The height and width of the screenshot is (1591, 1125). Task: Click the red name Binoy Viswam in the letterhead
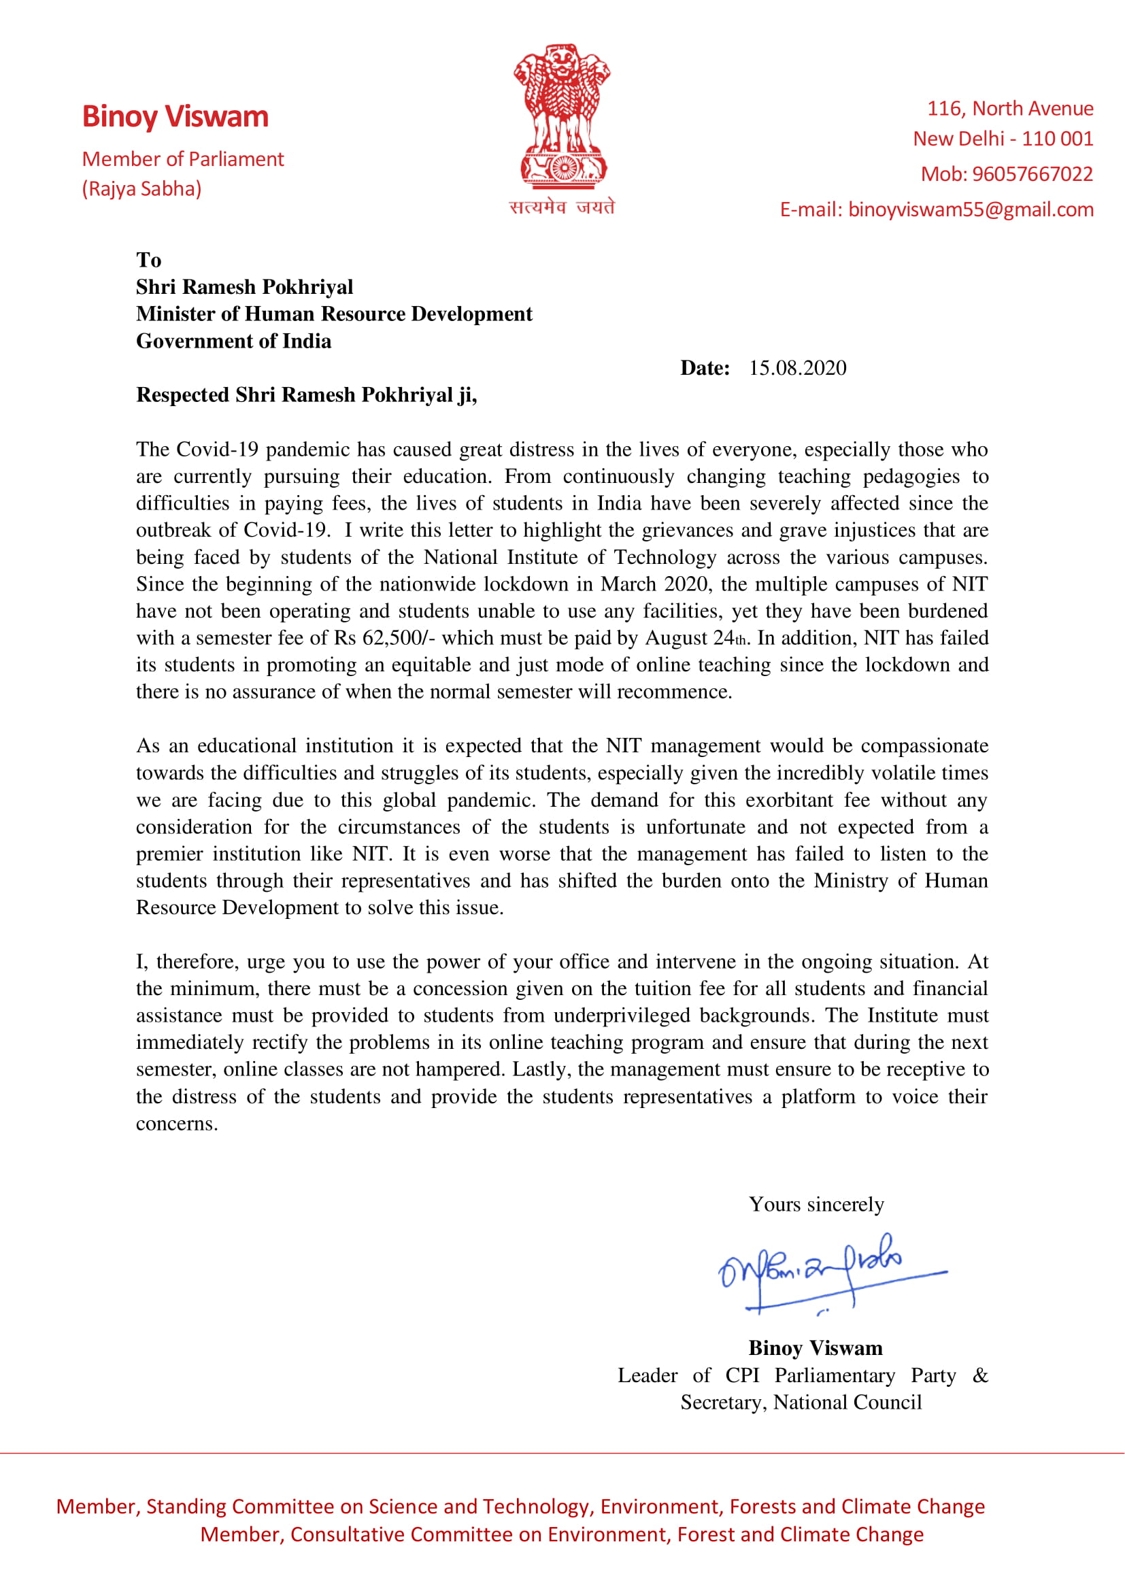[175, 116]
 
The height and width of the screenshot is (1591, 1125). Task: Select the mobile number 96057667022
[1032, 174]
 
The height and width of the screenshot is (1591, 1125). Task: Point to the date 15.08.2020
[797, 368]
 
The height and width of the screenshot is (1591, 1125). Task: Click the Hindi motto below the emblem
[562, 207]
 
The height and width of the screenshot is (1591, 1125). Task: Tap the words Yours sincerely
[816, 1205]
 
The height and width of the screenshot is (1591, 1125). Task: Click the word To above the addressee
[149, 260]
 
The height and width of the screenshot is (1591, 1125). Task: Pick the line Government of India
[233, 341]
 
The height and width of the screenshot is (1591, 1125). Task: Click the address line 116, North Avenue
[1010, 109]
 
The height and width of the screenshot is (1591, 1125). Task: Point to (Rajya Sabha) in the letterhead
[142, 188]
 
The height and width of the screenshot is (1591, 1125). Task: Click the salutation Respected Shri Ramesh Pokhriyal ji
[306, 395]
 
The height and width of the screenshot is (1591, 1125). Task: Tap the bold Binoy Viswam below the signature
[816, 1347]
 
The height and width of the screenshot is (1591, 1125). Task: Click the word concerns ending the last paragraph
[177, 1123]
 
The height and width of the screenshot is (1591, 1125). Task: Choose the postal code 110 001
[1057, 139]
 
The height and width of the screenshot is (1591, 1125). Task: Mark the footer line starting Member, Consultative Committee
[562, 1534]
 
